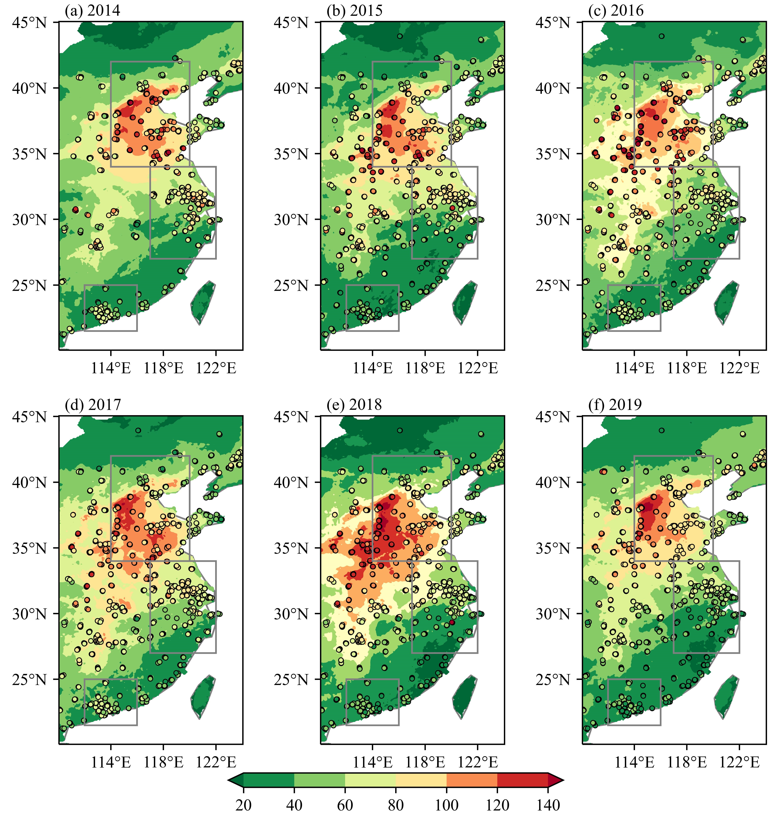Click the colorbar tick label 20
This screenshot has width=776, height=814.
(x=244, y=805)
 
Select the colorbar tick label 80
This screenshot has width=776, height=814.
(x=396, y=805)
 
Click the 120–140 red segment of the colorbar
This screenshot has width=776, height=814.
(x=522, y=780)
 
